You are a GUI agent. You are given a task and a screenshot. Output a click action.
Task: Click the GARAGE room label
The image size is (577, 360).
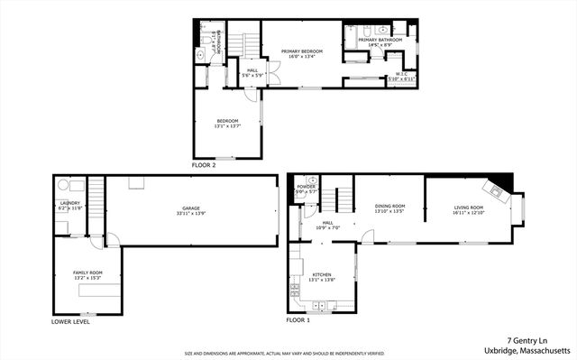(190, 209)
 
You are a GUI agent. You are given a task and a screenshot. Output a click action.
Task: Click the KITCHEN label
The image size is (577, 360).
(322, 275)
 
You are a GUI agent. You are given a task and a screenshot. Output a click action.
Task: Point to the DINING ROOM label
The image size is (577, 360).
(389, 208)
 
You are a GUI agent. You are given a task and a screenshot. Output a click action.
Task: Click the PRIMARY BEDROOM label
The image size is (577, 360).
(300, 51)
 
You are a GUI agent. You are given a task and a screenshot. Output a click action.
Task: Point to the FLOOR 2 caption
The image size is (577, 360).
(205, 166)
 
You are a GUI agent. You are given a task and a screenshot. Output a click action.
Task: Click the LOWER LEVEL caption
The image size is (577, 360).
(71, 320)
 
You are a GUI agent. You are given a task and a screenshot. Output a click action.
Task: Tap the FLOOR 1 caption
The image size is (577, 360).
(298, 320)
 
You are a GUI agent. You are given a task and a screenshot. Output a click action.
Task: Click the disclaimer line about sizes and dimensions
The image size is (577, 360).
(284, 354)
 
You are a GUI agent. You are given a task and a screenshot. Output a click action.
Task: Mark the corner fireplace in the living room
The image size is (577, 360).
(494, 188)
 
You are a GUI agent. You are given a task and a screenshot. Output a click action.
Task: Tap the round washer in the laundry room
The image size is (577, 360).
(64, 185)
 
